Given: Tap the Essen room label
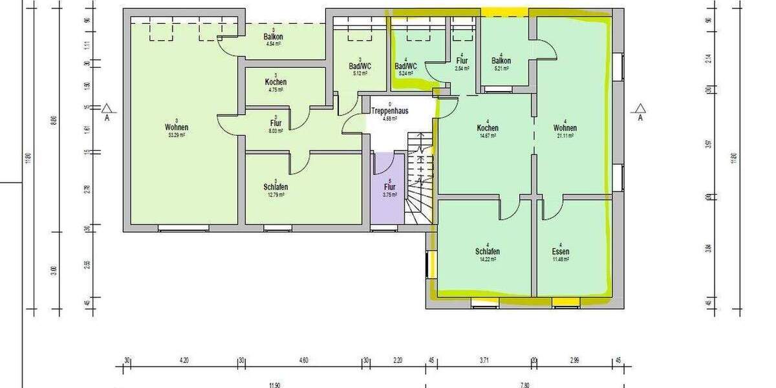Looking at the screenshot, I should click(560, 252).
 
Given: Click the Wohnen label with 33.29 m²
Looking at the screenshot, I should click(176, 128).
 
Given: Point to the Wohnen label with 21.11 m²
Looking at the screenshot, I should click(565, 128).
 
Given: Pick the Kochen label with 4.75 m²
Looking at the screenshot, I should click(275, 83).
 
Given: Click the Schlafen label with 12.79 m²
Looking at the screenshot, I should click(275, 187).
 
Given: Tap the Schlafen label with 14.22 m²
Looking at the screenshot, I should click(487, 252).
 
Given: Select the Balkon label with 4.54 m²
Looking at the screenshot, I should click(273, 38).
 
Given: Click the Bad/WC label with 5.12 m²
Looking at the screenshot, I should click(360, 67).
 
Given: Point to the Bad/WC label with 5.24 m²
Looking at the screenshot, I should click(405, 67).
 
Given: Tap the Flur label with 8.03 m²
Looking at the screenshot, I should click(275, 123).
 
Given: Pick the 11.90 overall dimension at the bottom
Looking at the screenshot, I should click(275, 385).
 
